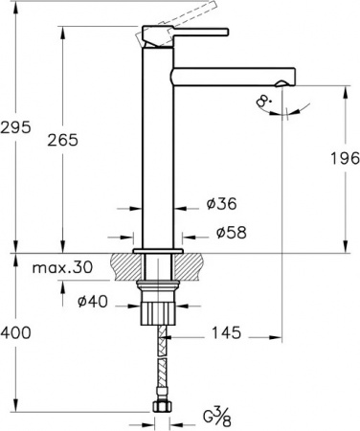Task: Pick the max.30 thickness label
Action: pos(62,268)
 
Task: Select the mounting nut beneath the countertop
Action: pos(159,311)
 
